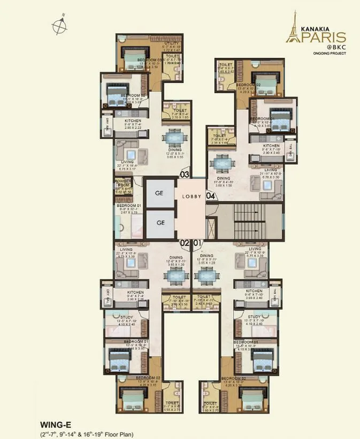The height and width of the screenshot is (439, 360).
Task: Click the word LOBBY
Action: click(x=191, y=196)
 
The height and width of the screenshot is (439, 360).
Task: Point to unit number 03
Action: click(x=185, y=174)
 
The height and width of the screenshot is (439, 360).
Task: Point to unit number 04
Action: click(x=211, y=196)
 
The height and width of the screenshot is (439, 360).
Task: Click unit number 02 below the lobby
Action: click(x=185, y=243)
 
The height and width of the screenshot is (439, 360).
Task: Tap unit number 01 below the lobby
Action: click(x=197, y=243)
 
